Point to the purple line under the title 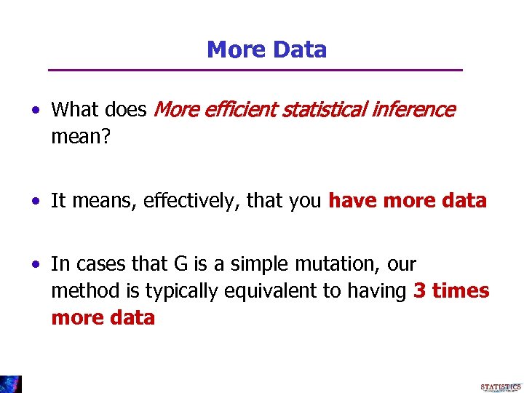tap(255, 70)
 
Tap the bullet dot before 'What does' tap(35, 111)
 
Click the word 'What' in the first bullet tap(71, 110)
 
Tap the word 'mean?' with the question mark tap(81, 136)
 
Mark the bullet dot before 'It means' tap(35, 202)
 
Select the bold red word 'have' tap(354, 201)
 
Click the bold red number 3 tap(419, 291)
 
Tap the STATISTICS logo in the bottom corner tap(500, 386)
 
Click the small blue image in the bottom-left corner tap(11, 384)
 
